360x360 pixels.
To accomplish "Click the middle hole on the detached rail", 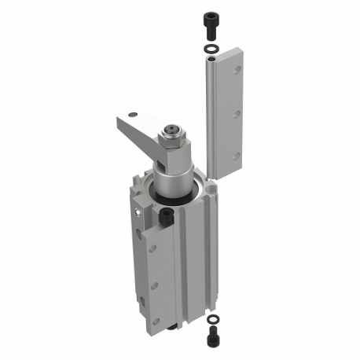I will [x=236, y=114].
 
